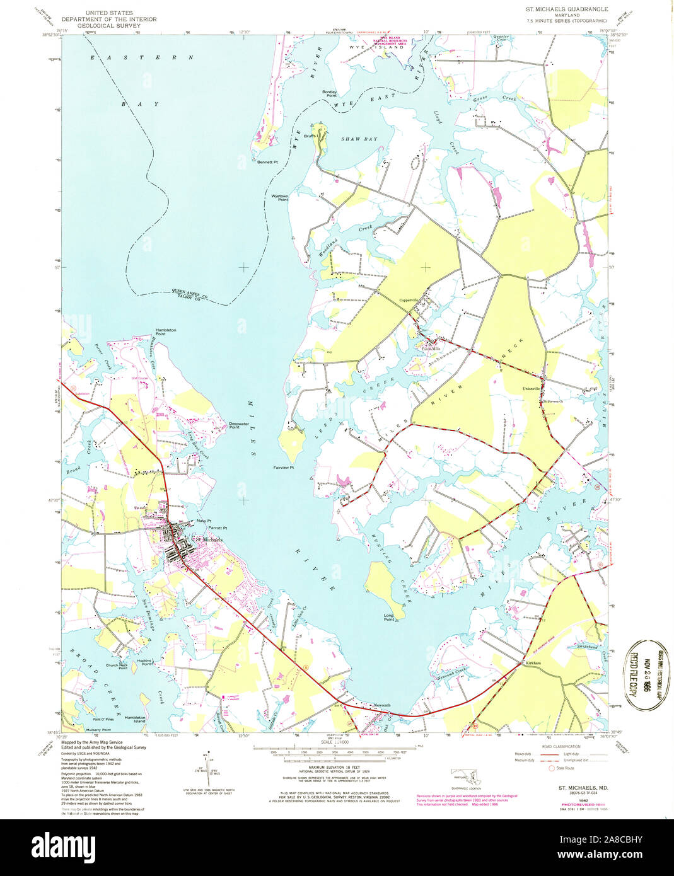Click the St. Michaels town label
[207, 539]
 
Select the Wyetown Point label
[279, 198]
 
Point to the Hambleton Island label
[135, 719]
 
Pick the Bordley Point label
[330, 94]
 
